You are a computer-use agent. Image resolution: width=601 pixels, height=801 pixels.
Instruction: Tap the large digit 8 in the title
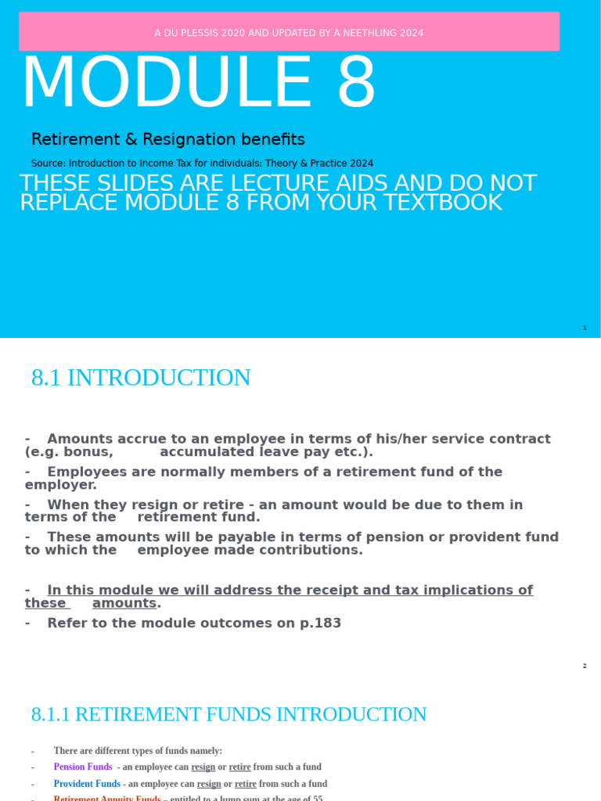[356, 83]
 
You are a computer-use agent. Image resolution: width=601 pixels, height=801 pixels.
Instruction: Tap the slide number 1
[585, 328]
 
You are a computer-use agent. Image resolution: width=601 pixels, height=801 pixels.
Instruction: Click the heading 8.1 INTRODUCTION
[141, 378]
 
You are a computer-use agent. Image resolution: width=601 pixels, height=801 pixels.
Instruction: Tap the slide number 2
[585, 666]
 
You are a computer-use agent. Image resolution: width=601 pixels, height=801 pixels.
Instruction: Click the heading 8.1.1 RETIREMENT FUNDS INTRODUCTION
[229, 714]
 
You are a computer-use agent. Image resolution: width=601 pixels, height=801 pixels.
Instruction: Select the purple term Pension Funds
[83, 767]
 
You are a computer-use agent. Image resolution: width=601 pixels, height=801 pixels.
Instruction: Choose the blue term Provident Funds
[87, 784]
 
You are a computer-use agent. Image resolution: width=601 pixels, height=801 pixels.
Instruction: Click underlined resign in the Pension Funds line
[203, 767]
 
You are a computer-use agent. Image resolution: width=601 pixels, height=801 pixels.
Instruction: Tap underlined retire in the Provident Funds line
[246, 784]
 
